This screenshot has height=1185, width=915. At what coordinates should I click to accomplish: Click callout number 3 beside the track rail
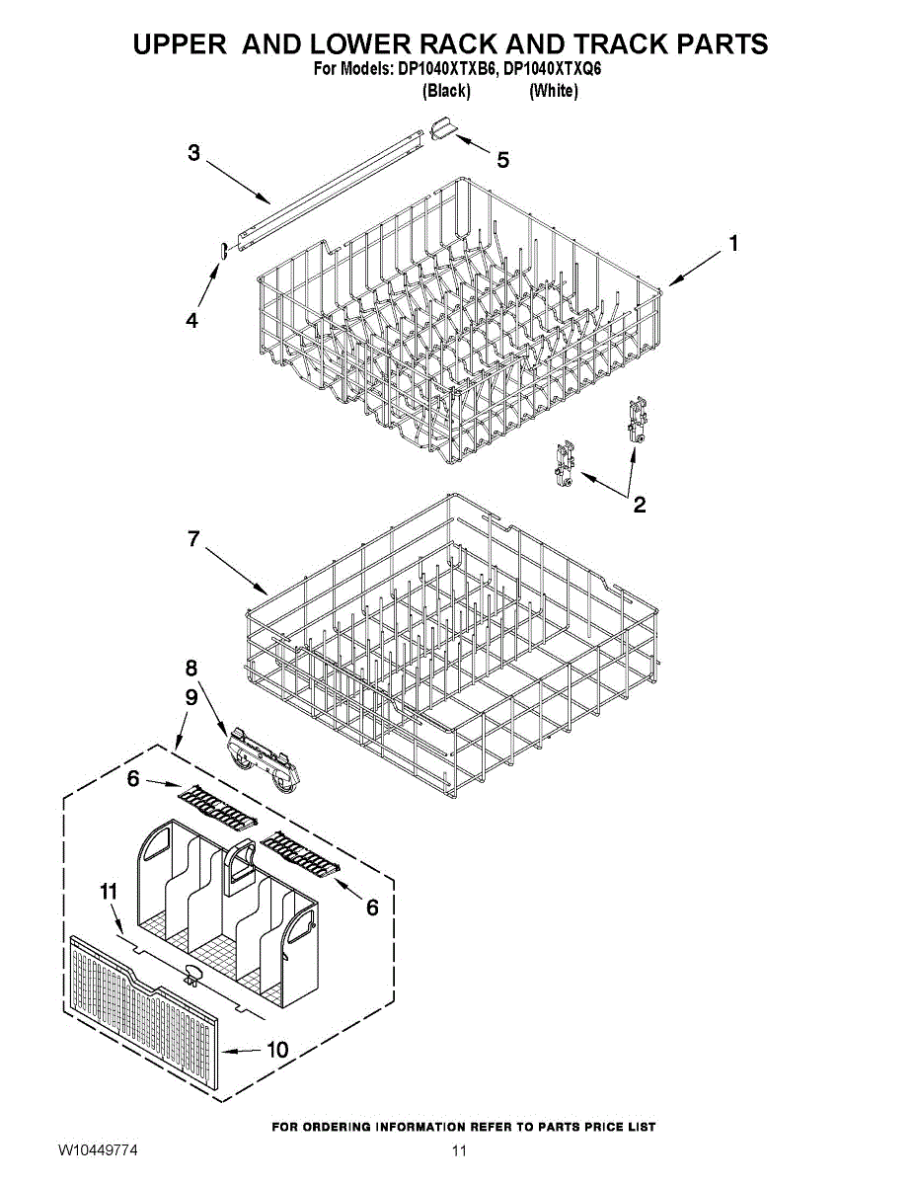coord(193,153)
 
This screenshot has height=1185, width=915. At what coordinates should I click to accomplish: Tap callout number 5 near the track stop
coord(503,160)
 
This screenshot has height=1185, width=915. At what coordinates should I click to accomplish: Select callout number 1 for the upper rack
coord(732,243)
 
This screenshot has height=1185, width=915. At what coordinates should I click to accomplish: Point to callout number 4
coord(191,320)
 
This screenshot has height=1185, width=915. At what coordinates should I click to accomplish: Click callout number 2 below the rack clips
coord(640,505)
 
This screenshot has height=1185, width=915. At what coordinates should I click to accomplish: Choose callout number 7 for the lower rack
coord(193,539)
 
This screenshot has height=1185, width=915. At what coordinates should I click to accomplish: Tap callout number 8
coord(191,668)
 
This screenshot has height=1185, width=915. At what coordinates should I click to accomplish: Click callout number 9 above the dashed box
coord(191,697)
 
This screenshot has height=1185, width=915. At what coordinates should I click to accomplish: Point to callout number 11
coord(109,892)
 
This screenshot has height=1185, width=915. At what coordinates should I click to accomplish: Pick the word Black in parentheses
coord(445,91)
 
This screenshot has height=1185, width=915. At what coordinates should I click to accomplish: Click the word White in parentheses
coord(554,91)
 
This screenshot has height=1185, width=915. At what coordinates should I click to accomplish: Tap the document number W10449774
coord(97,1151)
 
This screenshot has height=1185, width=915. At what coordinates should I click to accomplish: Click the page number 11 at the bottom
coord(459,1151)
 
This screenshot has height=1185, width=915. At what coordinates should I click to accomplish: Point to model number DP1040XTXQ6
coord(552,70)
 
